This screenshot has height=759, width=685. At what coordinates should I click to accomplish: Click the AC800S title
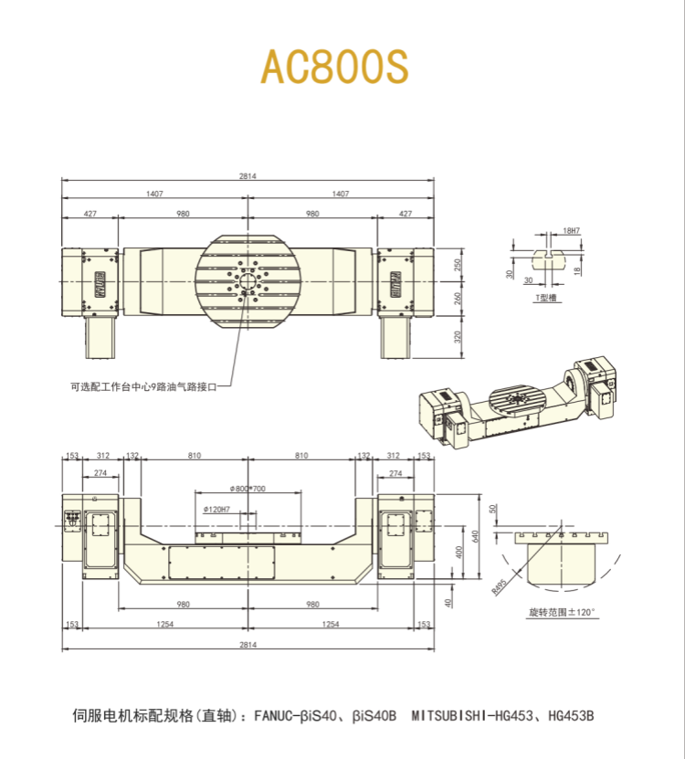point(335,65)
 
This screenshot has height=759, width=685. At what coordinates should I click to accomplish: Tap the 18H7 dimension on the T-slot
point(572,232)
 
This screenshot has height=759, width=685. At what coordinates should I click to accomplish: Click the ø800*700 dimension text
point(248,490)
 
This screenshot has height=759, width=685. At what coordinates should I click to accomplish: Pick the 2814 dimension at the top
point(248,174)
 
